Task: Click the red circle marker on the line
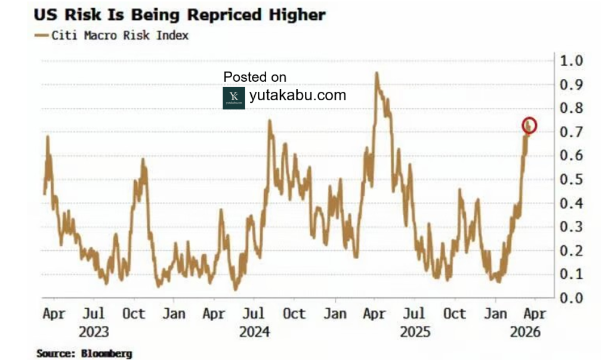click(x=529, y=125)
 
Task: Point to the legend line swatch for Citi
click(x=42, y=36)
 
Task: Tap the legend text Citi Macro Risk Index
click(x=120, y=36)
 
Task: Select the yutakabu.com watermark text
click(x=297, y=96)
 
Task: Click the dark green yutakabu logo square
click(x=234, y=98)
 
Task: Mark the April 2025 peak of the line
click(x=377, y=73)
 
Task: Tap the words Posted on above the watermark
click(x=255, y=77)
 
